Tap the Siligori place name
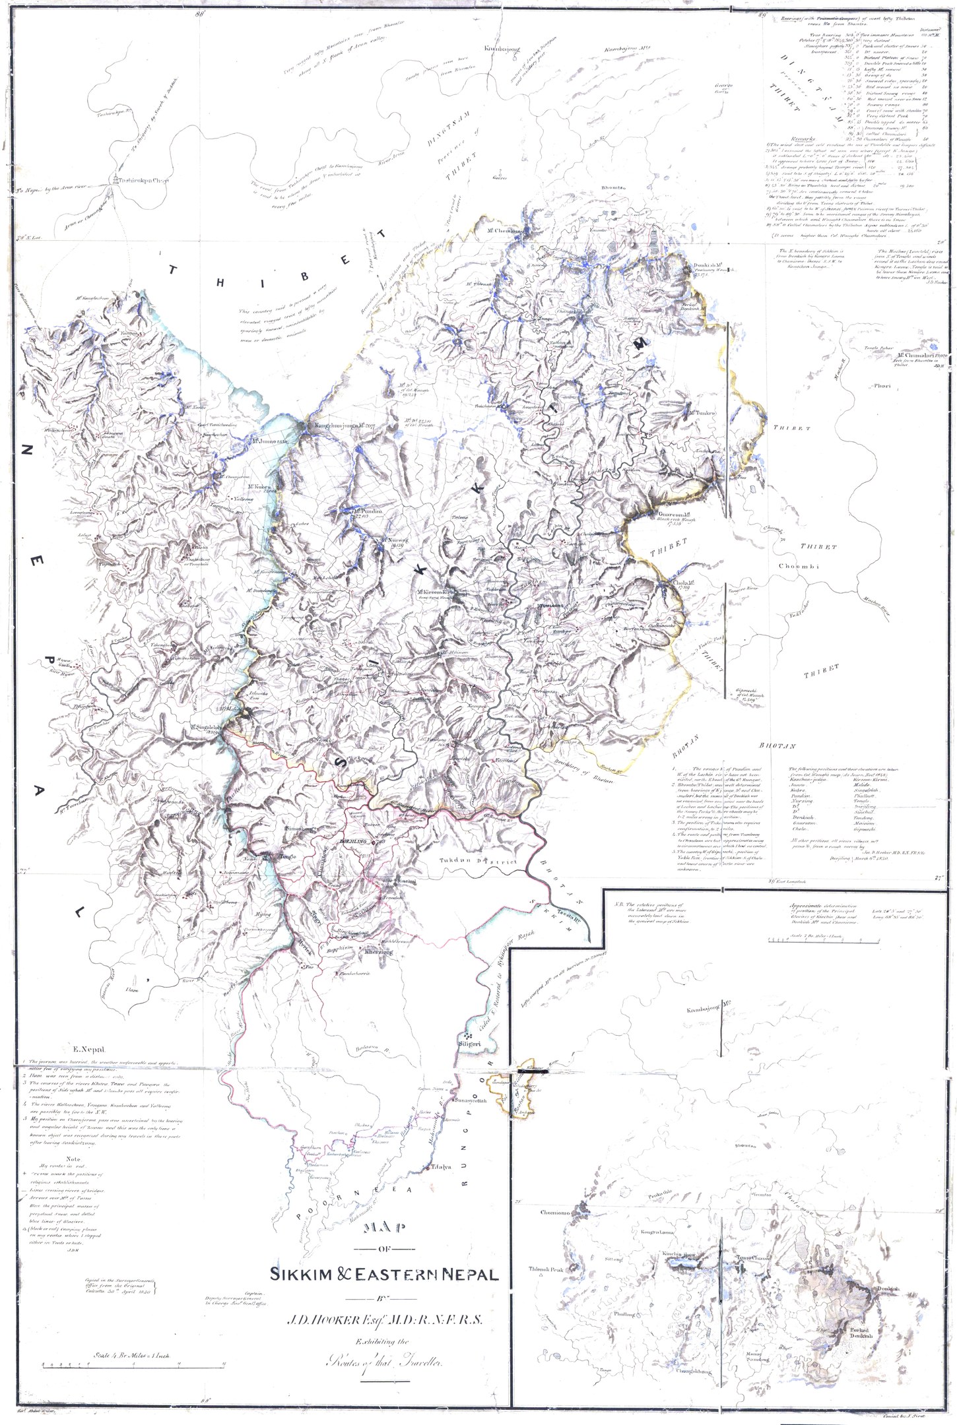pyautogui.click(x=469, y=1063)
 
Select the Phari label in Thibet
pyautogui.click(x=882, y=387)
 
